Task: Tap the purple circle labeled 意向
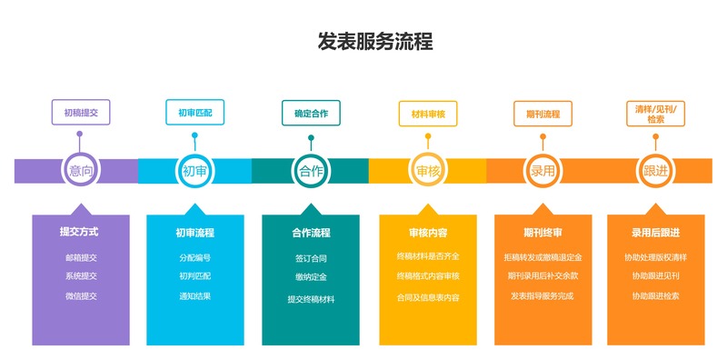pos(80,170)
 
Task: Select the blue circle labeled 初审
pos(194,170)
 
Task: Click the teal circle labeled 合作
pos(311,170)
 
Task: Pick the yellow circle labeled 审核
pos(427,170)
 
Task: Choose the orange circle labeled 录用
pos(543,170)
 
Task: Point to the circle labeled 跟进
pos(655,170)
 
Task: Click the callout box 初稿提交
pos(80,113)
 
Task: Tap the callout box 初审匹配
pos(194,113)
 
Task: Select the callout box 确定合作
pos(311,114)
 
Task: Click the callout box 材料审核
pos(427,114)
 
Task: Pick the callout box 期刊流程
pos(543,114)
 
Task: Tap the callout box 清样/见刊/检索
pos(655,113)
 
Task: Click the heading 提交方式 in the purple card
pos(80,232)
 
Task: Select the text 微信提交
pos(80,295)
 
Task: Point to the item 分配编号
pos(194,257)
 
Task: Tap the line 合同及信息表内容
pos(427,297)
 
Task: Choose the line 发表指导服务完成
pos(543,295)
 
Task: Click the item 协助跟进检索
pos(655,295)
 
